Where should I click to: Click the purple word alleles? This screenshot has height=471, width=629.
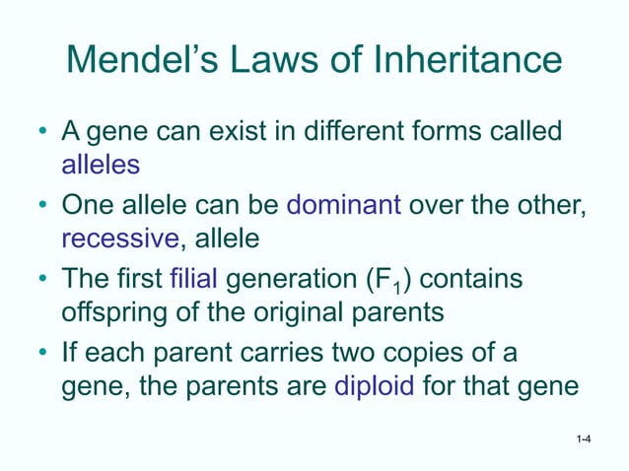101,167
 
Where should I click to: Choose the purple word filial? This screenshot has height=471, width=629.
194,281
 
